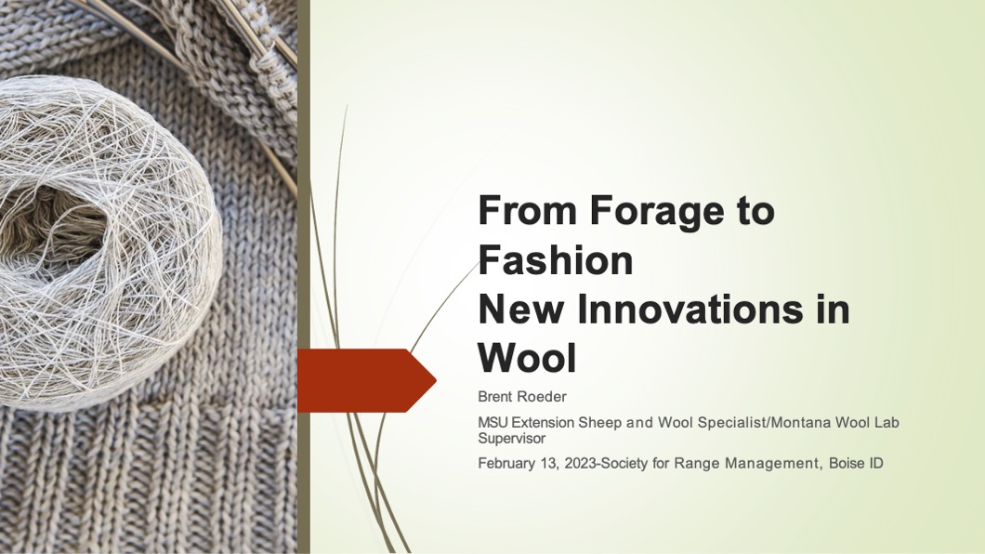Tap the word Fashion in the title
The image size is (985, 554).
(x=556, y=259)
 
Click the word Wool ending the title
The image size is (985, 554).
(x=527, y=358)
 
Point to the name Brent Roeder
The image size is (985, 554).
(x=522, y=396)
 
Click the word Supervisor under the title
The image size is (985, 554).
(x=511, y=439)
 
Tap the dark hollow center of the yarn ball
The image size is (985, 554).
(x=50, y=230)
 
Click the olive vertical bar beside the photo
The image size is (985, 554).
(x=304, y=277)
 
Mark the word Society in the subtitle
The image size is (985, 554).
(x=624, y=464)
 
